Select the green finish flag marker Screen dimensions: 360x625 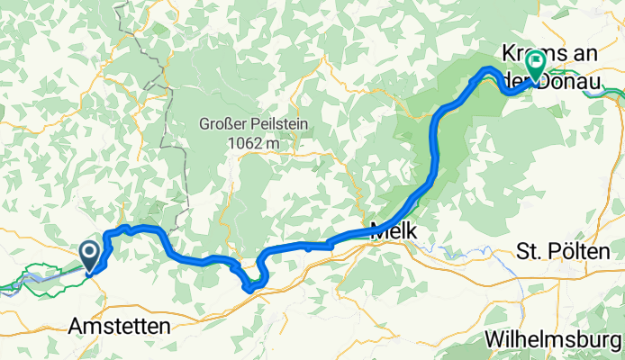tap(536, 64)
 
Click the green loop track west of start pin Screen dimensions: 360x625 tap(45, 269)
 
